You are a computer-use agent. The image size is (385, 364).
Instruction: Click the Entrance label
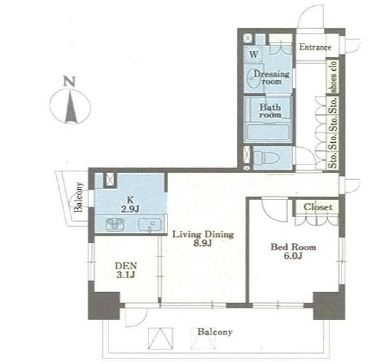[315, 47]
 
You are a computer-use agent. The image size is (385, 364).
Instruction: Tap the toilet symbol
[266, 157]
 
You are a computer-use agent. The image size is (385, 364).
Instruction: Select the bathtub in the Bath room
[268, 133]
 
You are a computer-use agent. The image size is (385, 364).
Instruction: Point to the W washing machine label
[254, 54]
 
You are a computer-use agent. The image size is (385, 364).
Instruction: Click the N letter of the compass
[69, 81]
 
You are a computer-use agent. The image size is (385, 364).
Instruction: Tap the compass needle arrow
[71, 107]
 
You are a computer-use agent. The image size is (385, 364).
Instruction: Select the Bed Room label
[293, 247]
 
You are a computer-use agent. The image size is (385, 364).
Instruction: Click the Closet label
[318, 207]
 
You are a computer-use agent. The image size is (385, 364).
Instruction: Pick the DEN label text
[126, 266]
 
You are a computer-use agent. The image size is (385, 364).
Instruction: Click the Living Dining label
[203, 234]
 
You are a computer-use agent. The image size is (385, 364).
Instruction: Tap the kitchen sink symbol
[150, 225]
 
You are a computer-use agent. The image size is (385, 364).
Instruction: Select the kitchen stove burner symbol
[115, 225]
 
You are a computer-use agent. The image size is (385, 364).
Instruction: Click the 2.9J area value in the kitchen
[130, 209]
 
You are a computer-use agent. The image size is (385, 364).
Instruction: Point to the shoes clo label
[334, 77]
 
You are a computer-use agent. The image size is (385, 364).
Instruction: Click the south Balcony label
[215, 332]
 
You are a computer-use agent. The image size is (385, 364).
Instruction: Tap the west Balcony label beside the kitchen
[78, 197]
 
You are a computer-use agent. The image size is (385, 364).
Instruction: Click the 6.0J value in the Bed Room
[293, 256]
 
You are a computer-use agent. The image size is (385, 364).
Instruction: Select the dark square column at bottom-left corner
[104, 306]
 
